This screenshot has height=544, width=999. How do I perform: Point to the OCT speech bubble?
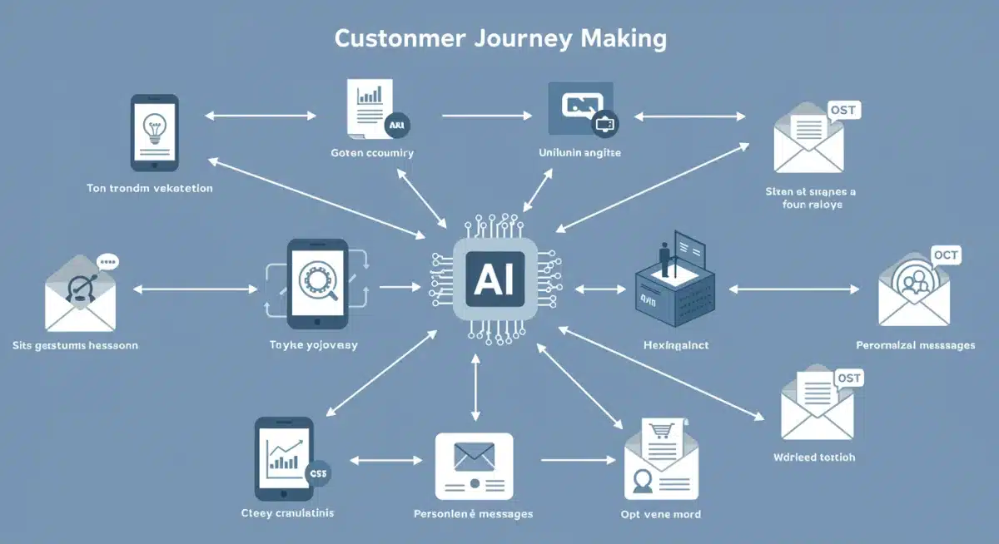point(946,255)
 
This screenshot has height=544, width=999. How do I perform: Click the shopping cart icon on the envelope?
point(662,433)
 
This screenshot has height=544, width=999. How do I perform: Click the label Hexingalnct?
point(676,344)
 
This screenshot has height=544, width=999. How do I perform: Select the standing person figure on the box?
point(665,256)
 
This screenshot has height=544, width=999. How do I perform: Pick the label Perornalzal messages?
point(915,344)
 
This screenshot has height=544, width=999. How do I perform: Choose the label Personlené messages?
point(473,514)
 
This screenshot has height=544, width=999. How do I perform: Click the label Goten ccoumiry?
point(371,153)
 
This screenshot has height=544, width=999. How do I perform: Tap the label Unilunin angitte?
point(580,153)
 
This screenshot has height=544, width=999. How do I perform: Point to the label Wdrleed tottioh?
point(814,457)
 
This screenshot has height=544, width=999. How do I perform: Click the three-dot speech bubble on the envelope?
point(107,261)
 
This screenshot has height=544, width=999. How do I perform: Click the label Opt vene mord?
point(661,514)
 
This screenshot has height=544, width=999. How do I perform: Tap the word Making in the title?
point(625,40)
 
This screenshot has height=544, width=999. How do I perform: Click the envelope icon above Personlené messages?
point(474,456)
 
